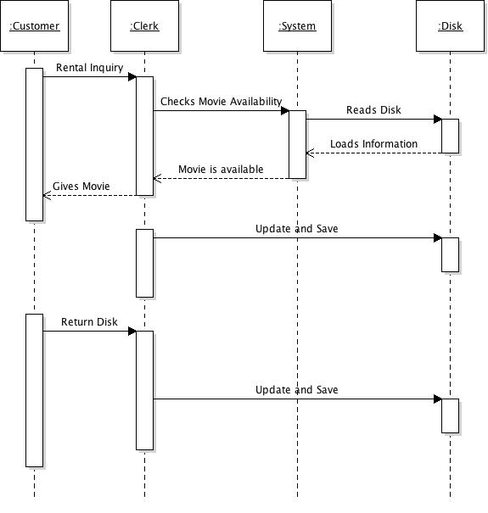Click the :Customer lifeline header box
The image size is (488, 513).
pos(34,26)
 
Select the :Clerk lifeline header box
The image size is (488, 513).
pos(144,26)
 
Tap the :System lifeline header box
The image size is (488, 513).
pos(297,26)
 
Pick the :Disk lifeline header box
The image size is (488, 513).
pos(450,26)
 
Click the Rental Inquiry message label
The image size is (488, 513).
pos(89,67)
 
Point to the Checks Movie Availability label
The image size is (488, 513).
pos(221,101)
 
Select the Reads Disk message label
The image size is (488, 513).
pos(373,109)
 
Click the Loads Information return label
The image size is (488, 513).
pos(373,143)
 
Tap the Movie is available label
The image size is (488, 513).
pos(221,169)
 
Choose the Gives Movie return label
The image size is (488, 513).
pos(81,186)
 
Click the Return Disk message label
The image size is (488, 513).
pos(89,321)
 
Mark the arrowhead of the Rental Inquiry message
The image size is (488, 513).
pos(132,76)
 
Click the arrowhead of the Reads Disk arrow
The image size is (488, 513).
pos(438,119)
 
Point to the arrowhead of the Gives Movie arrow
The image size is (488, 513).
pos(47,195)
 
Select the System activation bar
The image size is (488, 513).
pos(297,144)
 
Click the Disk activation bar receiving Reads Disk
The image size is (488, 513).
pos(450,136)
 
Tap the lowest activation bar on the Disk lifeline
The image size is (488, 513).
pos(450,415)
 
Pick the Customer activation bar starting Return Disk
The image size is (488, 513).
pos(34,390)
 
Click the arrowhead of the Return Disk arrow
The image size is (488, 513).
pos(132,331)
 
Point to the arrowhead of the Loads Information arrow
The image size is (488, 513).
pos(310,153)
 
